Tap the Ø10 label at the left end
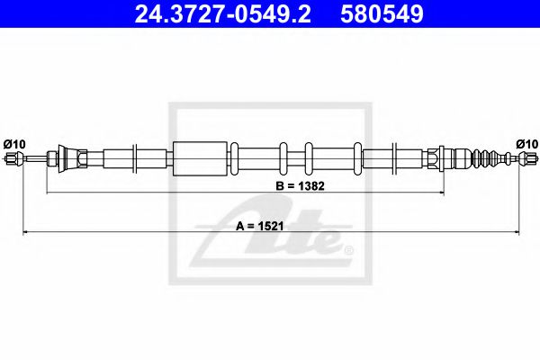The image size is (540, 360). coord(16,143)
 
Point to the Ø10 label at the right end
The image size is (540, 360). coord(526,143)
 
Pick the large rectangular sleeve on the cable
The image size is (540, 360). coord(197,160)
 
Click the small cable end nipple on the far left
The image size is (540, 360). coord(13,160)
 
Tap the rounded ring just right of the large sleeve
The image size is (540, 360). coord(234,160)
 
